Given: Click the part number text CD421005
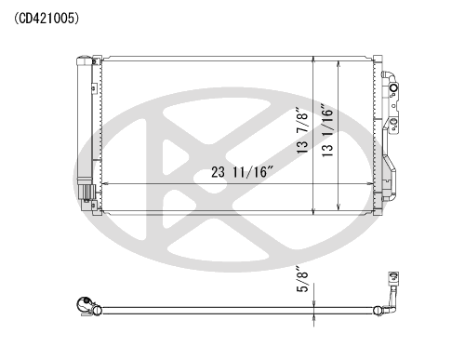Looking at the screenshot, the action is (46, 19).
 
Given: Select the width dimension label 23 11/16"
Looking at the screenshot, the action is (243, 172).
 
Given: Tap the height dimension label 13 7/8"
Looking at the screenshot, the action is (302, 130).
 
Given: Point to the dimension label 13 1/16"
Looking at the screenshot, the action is (327, 130).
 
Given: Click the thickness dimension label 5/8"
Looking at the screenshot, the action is (302, 279).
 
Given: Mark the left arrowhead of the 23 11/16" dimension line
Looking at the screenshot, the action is (104, 184).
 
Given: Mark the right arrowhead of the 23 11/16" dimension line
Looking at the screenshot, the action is (371, 184).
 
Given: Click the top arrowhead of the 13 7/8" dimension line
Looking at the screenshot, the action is (313, 60).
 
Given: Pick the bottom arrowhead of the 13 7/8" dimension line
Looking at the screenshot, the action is (313, 212).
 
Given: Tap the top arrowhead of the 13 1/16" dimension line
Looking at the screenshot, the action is (339, 64).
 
